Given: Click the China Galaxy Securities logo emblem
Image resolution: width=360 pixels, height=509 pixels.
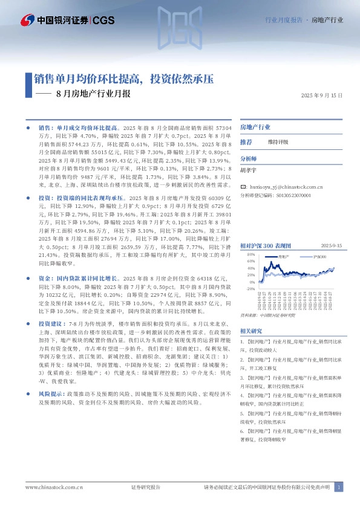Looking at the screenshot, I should [x=27, y=20].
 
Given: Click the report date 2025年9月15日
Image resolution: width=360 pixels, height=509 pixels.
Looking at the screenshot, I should [x=322, y=96].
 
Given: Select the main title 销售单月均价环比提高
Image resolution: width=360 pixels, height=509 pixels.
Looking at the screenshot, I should [x=89, y=79].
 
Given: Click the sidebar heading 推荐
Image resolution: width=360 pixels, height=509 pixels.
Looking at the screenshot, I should [x=246, y=141].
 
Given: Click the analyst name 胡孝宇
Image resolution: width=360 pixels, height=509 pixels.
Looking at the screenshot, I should [x=249, y=170].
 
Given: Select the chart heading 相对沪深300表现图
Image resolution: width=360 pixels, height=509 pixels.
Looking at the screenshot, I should [x=266, y=246].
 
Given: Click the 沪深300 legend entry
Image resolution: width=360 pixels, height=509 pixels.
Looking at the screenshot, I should [x=303, y=258].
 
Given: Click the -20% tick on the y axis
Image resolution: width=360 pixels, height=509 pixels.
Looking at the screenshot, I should [x=250, y=289].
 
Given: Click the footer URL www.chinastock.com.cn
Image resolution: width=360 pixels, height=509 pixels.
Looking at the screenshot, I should [x=54, y=487].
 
